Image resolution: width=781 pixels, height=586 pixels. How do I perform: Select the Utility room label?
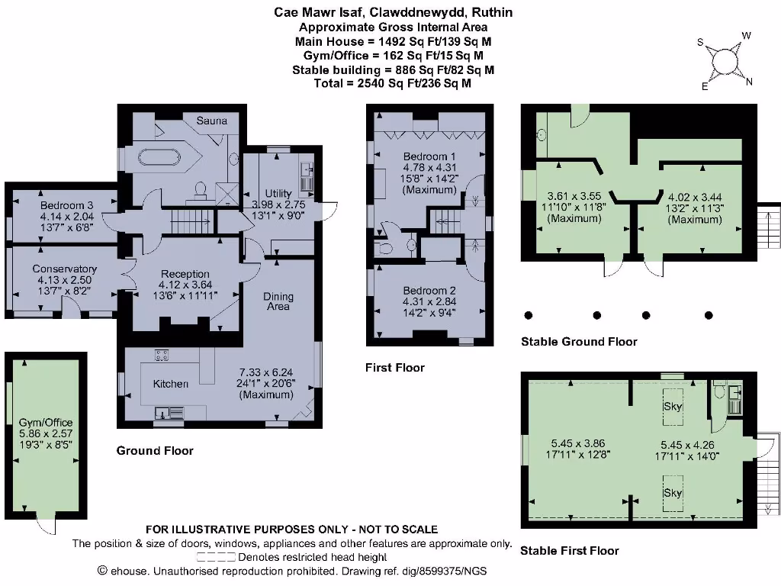coord(278,193)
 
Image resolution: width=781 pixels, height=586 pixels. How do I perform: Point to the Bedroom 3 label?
coord(67,205)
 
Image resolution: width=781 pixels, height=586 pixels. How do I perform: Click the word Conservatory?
coord(64,269)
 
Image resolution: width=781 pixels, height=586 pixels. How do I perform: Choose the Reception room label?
coord(185,274)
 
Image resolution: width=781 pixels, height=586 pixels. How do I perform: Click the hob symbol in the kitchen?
coord(162,354)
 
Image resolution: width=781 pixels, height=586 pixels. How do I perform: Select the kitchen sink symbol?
coord(169,414)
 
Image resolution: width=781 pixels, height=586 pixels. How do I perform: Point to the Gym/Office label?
coord(46,422)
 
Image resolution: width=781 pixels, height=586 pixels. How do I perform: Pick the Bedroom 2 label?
coord(429,291)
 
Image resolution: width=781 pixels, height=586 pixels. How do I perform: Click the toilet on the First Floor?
coord(384,248)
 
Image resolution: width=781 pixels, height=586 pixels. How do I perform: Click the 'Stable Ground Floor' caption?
coord(579,341)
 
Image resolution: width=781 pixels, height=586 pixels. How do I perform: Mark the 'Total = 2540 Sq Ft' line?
coord(392,83)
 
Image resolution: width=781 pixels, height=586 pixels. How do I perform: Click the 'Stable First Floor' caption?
coord(570,550)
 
